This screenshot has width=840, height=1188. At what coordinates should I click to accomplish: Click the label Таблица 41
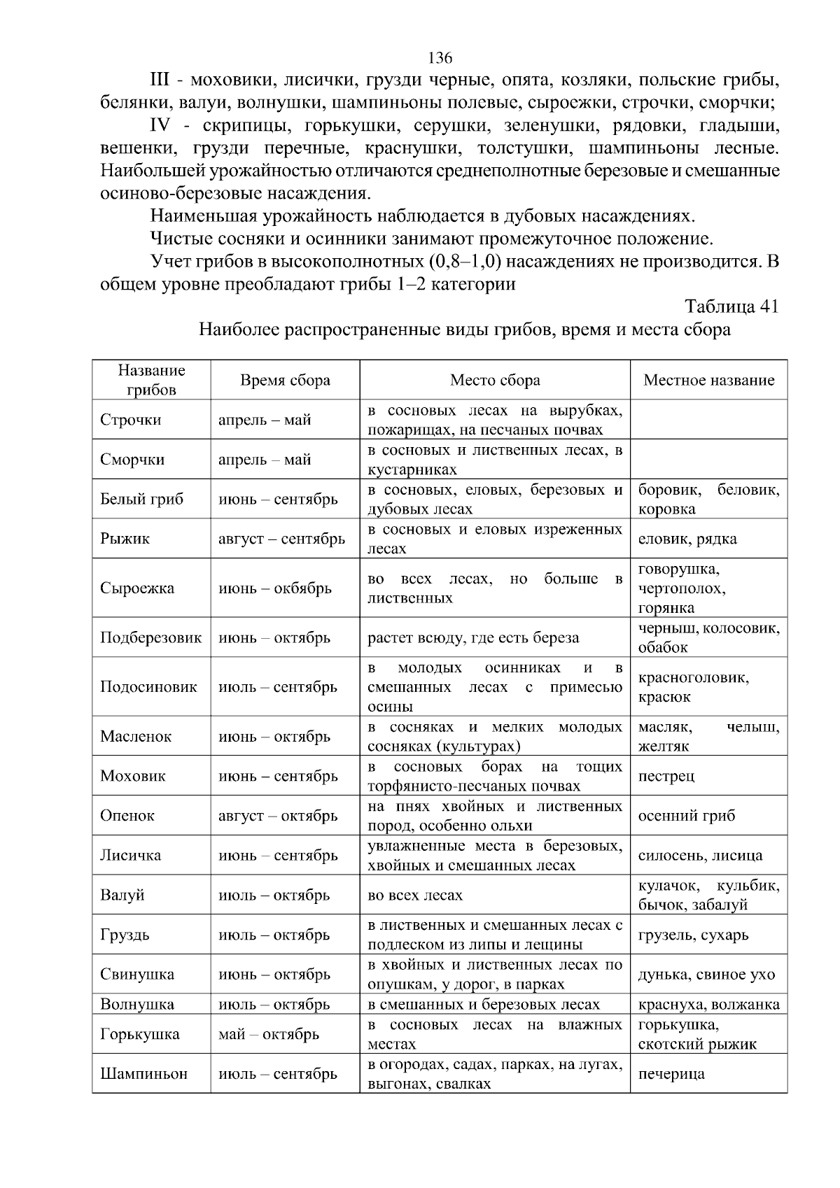(731, 306)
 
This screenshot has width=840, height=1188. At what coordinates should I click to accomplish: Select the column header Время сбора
(285, 380)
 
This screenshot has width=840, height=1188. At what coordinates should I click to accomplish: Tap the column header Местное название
(708, 380)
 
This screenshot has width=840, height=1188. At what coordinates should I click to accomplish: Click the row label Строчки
(130, 420)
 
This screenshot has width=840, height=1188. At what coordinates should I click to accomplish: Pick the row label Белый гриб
(141, 499)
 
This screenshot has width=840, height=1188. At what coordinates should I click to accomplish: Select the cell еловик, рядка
(687, 539)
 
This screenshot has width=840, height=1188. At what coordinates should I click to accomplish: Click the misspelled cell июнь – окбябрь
(274, 588)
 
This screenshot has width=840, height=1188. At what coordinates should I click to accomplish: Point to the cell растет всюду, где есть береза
(473, 637)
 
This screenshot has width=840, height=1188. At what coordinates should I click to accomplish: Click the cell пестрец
(666, 776)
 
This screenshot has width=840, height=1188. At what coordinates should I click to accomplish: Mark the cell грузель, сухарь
(693, 935)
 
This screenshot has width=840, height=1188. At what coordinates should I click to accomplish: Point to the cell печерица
(671, 1074)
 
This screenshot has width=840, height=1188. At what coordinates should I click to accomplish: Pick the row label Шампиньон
(143, 1074)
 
